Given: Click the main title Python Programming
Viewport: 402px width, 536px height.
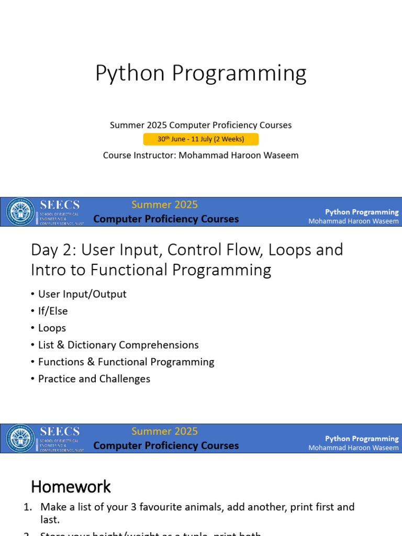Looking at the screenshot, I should coord(200,73).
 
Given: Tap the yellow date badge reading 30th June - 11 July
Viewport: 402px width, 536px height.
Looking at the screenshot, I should coord(200,139).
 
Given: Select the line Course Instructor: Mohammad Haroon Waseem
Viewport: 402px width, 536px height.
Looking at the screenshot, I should coord(200,155).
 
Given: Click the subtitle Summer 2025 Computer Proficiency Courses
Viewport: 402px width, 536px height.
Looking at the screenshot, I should coord(200,125).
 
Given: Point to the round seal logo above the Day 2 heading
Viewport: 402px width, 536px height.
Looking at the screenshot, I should coord(20,212).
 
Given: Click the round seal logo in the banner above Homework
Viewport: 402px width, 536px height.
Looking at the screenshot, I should coord(20,439).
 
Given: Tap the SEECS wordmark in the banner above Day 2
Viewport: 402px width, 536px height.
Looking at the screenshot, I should coord(60,205).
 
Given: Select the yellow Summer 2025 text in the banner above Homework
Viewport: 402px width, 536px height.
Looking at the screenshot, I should coord(164,431).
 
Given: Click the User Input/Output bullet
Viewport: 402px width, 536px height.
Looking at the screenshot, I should coord(82,294).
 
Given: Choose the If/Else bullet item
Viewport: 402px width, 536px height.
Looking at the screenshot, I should coord(53,311).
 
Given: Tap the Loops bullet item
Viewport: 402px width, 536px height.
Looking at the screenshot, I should coord(52,328).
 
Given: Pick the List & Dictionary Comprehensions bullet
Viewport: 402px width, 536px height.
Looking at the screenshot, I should coord(118,345).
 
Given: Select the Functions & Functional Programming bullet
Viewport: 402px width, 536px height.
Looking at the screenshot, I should coord(126,362).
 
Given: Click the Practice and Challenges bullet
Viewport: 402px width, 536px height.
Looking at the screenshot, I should coord(94,378).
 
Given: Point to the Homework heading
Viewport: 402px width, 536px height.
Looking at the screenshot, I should coord(71,487).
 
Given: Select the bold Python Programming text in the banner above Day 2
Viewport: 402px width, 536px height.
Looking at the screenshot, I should coord(362,212).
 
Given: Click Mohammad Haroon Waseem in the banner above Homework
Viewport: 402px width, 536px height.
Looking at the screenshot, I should coord(353,448).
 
